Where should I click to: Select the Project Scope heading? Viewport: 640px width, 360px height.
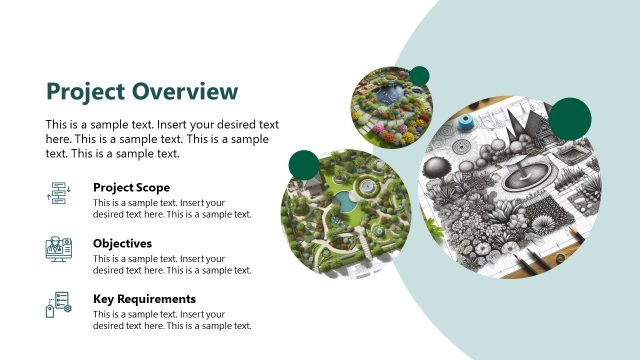[x=131, y=187]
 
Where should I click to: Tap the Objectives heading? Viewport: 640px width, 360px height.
[x=122, y=243]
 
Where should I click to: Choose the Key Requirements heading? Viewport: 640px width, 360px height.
[x=144, y=299]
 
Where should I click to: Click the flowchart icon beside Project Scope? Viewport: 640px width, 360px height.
[x=58, y=194]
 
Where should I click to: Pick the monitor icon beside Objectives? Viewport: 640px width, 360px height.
[x=58, y=250]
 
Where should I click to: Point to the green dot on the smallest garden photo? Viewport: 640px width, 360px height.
[x=419, y=76]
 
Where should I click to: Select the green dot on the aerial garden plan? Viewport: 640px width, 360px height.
[x=303, y=165]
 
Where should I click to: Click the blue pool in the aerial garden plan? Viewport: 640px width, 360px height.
[x=346, y=203]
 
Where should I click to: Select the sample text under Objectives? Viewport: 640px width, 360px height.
[x=171, y=264]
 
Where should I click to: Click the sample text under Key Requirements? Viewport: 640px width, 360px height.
[x=171, y=320]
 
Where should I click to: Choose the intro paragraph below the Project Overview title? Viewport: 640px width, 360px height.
[x=162, y=139]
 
